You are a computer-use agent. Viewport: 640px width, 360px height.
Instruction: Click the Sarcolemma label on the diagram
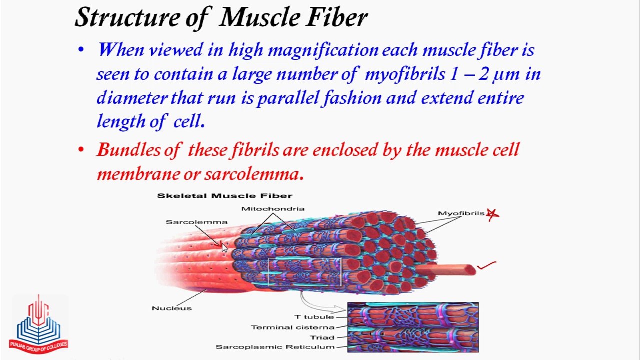click(x=189, y=222)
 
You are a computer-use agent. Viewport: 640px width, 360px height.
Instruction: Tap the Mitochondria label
click(x=272, y=209)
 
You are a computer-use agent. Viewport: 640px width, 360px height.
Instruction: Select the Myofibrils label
click(x=461, y=214)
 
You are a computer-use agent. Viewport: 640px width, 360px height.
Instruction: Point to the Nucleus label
click(x=171, y=308)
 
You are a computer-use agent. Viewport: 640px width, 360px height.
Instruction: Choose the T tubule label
click(x=314, y=317)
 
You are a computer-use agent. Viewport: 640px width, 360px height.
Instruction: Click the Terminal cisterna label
click(x=292, y=327)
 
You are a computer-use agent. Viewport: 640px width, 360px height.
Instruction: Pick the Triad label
click(x=322, y=337)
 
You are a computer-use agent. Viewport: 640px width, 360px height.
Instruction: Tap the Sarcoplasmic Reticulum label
click(x=275, y=347)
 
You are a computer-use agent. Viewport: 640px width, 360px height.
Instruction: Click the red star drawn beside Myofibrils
click(x=493, y=214)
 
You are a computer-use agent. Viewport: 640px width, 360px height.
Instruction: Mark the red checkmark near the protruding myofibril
click(x=486, y=266)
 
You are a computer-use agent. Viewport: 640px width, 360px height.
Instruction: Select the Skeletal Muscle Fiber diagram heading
click(x=224, y=196)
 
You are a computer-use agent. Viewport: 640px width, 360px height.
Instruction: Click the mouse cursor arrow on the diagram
click(x=224, y=247)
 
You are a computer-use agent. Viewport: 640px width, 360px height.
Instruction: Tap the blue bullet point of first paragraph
click(x=81, y=50)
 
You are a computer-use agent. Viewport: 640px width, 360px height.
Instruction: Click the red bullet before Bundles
click(x=81, y=150)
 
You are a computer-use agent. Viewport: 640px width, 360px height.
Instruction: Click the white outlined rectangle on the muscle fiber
click(x=305, y=273)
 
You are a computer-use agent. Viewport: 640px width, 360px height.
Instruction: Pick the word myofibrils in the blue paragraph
click(x=405, y=74)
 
